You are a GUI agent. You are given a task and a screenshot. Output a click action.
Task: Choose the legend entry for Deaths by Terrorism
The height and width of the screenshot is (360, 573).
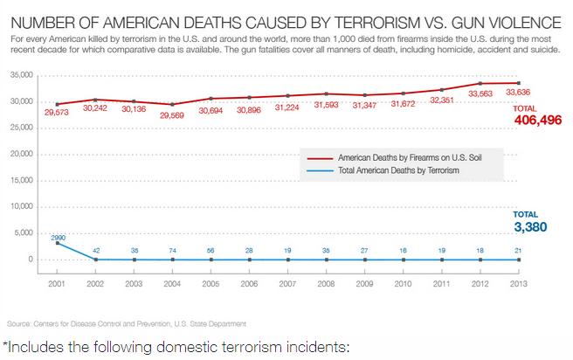(x=389, y=170)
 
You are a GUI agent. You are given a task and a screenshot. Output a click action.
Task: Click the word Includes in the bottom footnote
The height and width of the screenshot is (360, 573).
(x=39, y=347)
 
